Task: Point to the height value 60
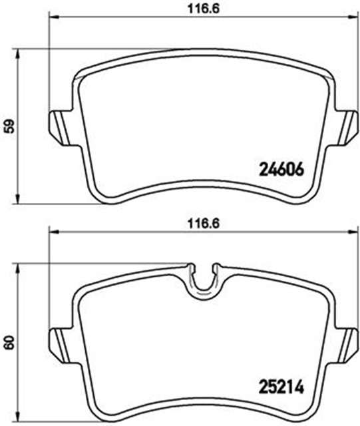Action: (x=9, y=343)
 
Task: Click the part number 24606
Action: (x=280, y=169)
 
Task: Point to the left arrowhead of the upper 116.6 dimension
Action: (x=50, y=16)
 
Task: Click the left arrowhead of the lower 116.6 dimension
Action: (x=50, y=232)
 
